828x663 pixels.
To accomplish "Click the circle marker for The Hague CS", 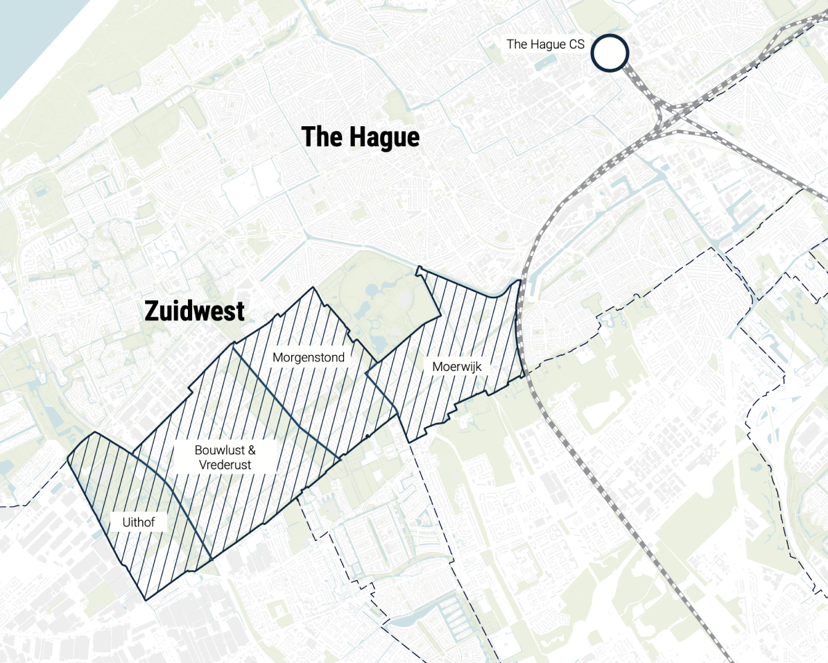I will [x=610, y=53].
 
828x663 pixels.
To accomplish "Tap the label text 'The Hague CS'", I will [x=545, y=44].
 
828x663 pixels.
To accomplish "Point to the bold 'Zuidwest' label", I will [x=194, y=311].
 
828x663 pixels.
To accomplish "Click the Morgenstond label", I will [x=308, y=358].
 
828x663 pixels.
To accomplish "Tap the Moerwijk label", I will [x=456, y=366].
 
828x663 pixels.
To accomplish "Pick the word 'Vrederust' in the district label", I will [x=223, y=465].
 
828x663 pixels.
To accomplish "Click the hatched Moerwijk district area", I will [x=472, y=326].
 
